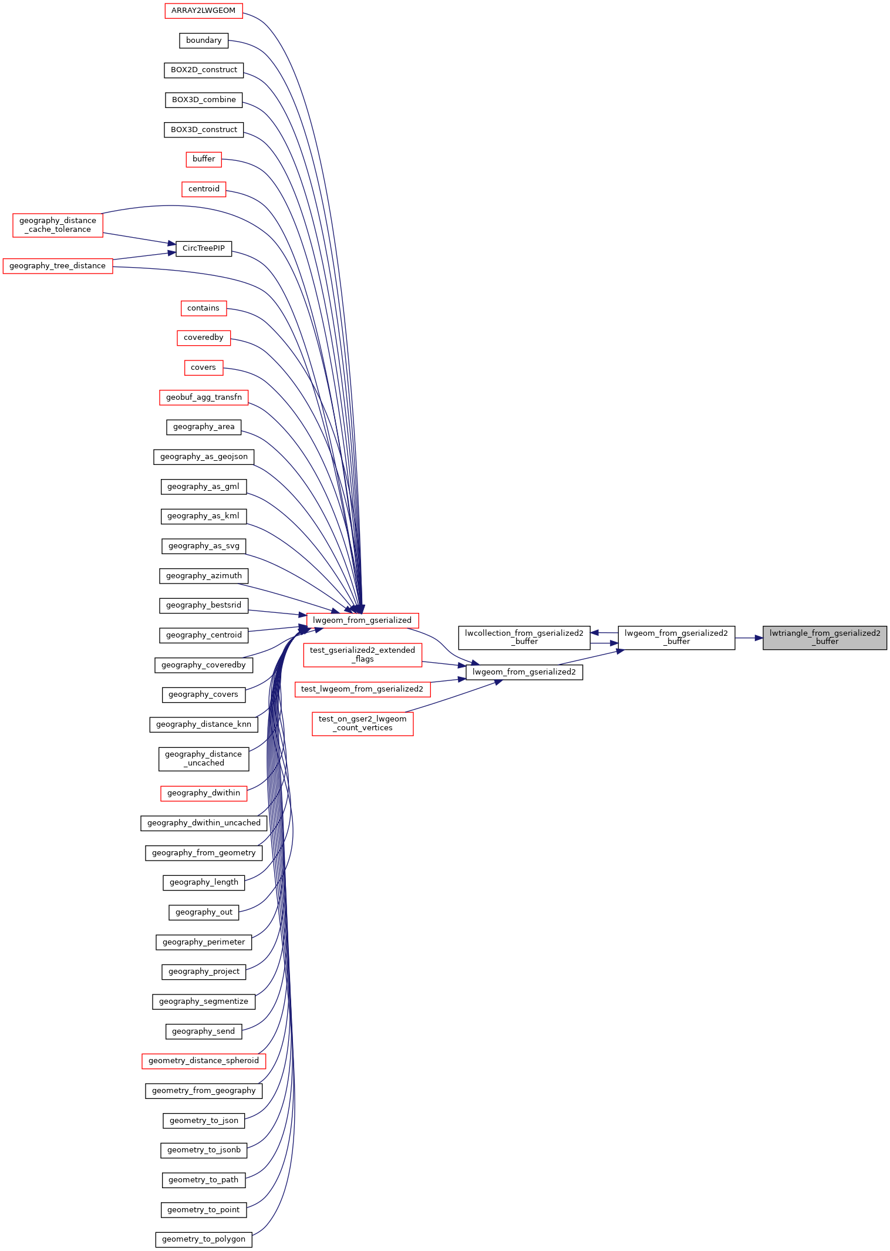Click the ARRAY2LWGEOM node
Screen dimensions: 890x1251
pyautogui.click(x=203, y=11)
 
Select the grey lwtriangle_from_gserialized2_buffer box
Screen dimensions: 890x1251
pyautogui.click(x=824, y=638)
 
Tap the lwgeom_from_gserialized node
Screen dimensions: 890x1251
pyautogui.click(x=362, y=620)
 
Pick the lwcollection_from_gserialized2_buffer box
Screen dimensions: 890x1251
pyautogui.click(x=524, y=638)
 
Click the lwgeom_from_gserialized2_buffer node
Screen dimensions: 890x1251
pyautogui.click(x=676, y=638)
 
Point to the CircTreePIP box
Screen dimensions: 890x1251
pyautogui.click(x=204, y=248)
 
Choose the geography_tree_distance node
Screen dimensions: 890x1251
pyautogui.click(x=58, y=266)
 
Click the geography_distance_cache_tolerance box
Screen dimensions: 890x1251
pyautogui.click(x=58, y=225)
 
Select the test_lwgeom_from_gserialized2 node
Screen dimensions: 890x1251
pyautogui.click(x=362, y=689)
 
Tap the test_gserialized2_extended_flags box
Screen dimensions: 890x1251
pyautogui.click(x=362, y=655)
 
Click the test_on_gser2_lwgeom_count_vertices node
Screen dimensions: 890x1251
pyautogui.click(x=362, y=723)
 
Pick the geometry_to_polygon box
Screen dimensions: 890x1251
pyautogui.click(x=204, y=1239)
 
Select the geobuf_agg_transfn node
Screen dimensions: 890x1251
pyautogui.click(x=204, y=397)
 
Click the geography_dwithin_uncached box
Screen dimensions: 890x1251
pyautogui.click(x=204, y=823)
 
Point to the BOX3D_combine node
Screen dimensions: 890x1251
pyautogui.click(x=204, y=100)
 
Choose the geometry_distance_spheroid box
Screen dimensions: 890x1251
pyautogui.click(x=204, y=1061)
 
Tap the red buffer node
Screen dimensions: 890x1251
pyautogui.click(x=204, y=159)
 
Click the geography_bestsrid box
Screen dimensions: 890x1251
pyautogui.click(x=204, y=605)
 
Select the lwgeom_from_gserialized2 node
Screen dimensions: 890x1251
pyautogui.click(x=524, y=672)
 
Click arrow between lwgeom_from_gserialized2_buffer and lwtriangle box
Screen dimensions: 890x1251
pyautogui.click(x=749, y=638)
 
